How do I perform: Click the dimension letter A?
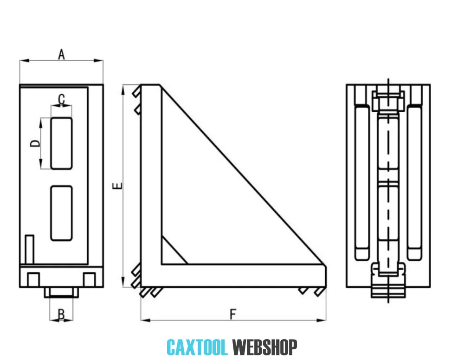(x=61, y=54)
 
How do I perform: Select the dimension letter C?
(x=61, y=99)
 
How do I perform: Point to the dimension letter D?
(x=35, y=143)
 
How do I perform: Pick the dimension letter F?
(x=233, y=314)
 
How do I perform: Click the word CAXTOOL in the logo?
(x=197, y=347)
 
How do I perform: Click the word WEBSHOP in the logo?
(x=264, y=347)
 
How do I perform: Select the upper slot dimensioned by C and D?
(x=61, y=143)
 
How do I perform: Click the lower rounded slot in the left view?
(x=61, y=213)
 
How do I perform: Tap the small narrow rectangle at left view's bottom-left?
(x=30, y=250)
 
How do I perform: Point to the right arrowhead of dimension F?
(x=322, y=320)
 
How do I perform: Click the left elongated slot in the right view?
(x=362, y=182)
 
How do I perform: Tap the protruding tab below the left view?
(x=60, y=292)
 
